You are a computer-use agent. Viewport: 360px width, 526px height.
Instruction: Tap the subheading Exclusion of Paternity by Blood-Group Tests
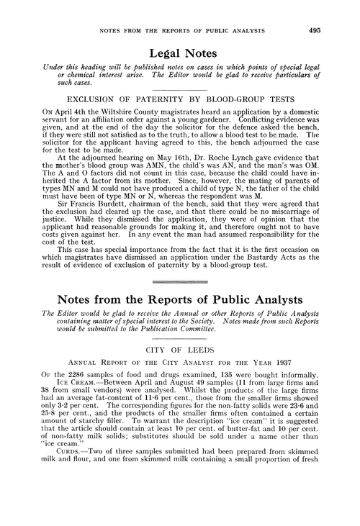[x=181, y=95]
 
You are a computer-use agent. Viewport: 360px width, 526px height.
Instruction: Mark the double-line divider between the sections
[x=180, y=299]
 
